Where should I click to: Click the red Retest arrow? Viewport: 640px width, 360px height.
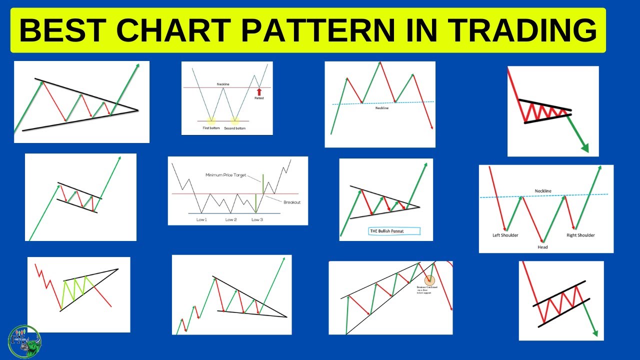[x=259, y=91]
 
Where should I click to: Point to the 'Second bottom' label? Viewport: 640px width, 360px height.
[x=235, y=128]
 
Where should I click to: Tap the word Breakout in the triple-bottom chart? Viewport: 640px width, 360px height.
[x=291, y=202]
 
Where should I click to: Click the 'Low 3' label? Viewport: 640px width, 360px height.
[x=257, y=219]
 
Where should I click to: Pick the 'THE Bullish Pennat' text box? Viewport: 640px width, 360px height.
[x=393, y=231]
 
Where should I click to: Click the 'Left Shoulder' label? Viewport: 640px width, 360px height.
[x=505, y=235]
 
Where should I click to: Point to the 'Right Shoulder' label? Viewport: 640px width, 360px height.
[x=580, y=235]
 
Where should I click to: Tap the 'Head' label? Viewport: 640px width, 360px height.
[x=542, y=247]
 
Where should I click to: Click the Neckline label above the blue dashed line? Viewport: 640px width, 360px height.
[x=543, y=191]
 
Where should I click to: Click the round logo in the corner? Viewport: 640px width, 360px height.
[x=25, y=342]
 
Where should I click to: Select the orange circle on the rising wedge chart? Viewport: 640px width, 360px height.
[x=429, y=281]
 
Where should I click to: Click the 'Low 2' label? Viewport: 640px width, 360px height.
[x=230, y=219]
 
